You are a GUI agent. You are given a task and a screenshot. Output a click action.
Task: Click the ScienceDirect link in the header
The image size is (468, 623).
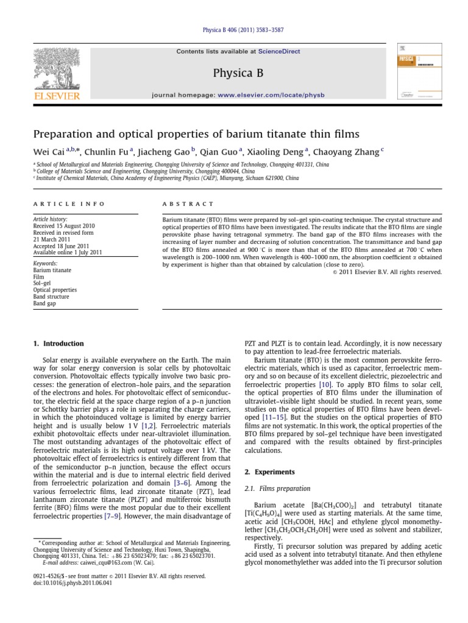click(279, 52)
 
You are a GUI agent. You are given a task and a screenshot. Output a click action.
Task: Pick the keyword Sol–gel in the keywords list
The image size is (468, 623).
click(43, 284)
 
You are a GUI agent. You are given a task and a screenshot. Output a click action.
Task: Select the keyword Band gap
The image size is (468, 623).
click(45, 304)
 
